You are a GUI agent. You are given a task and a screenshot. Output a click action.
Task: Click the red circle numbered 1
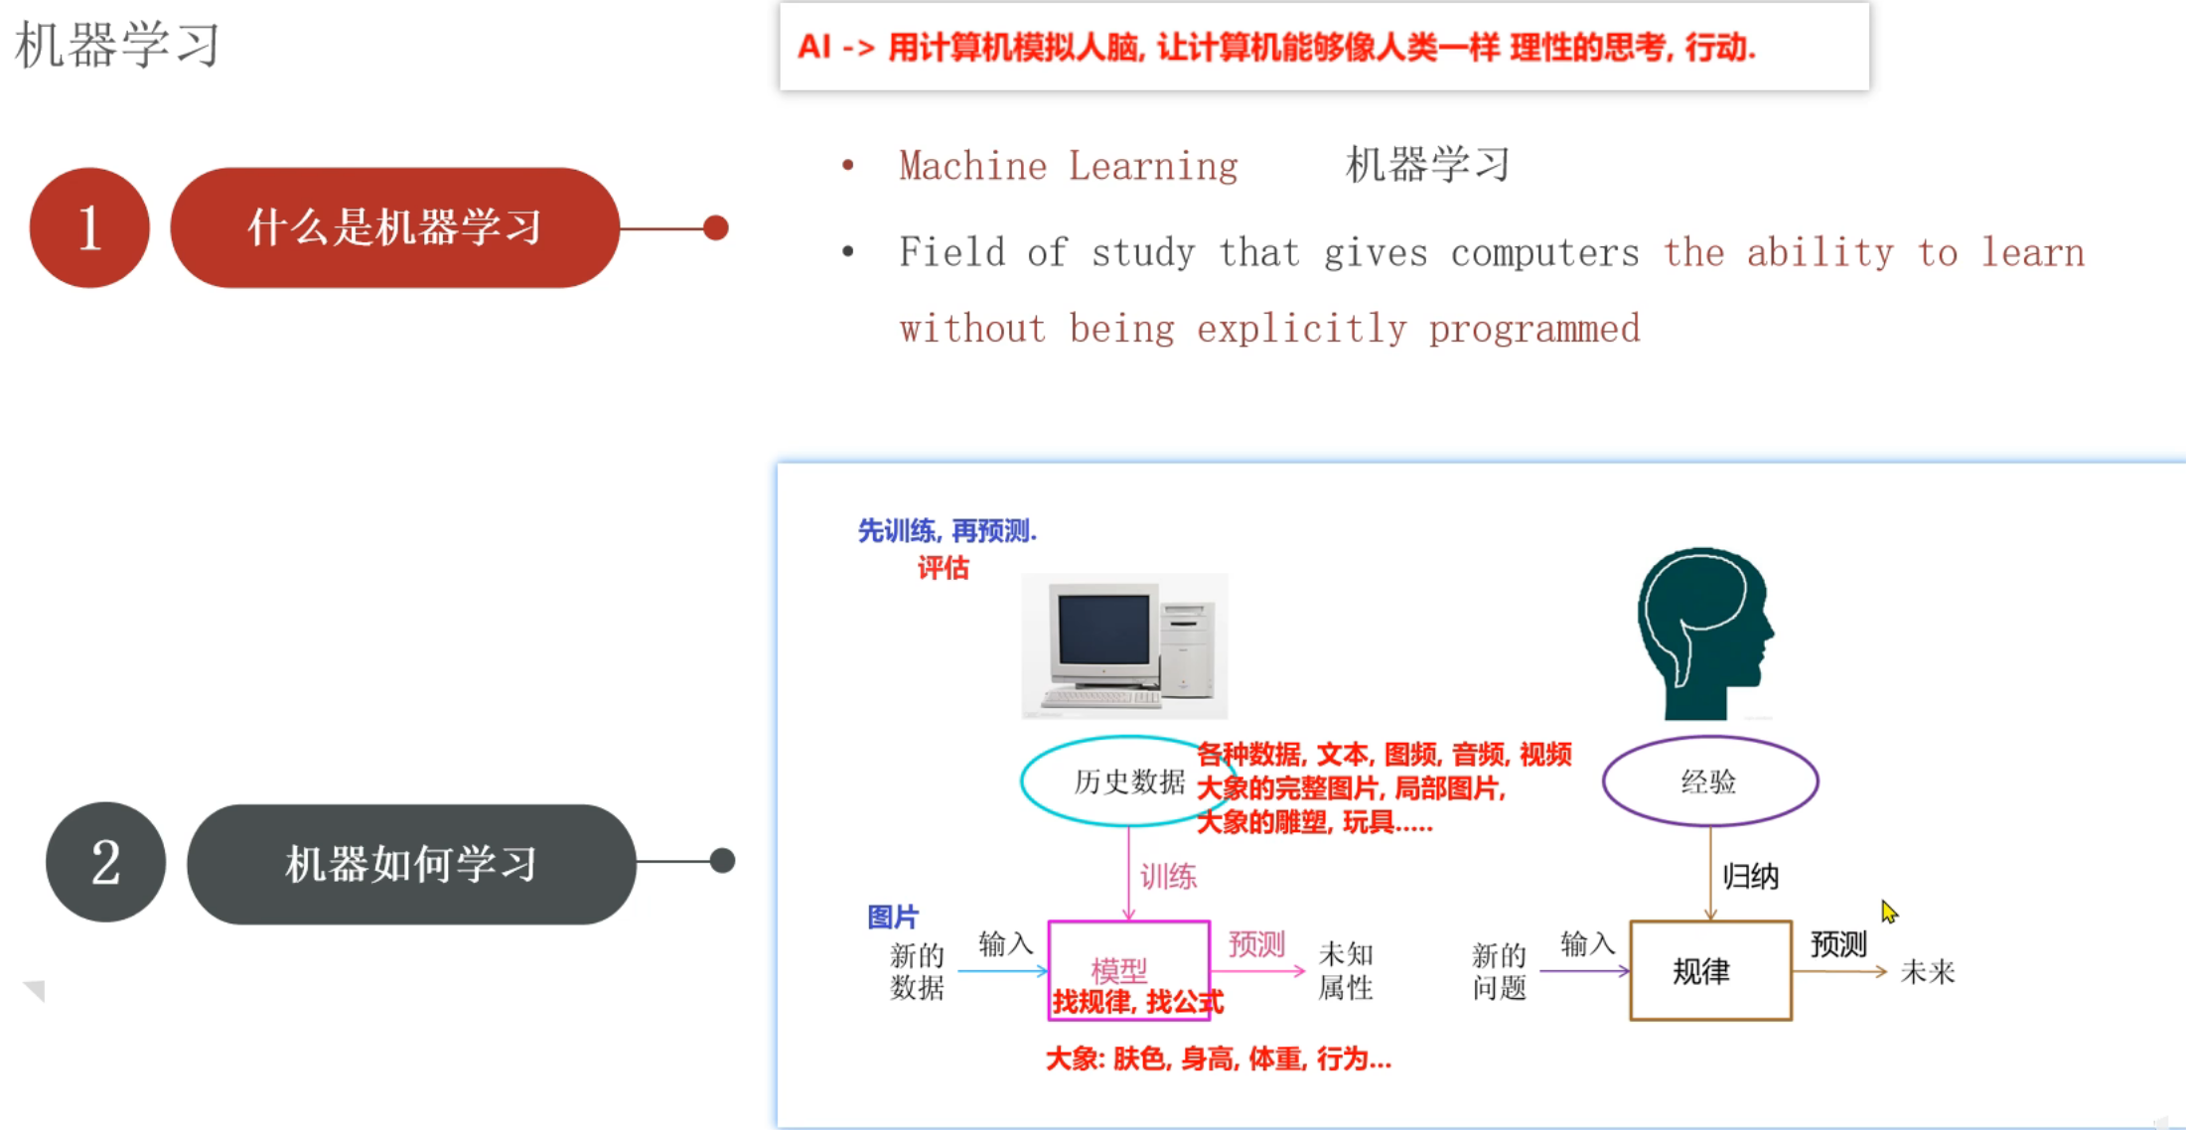89,227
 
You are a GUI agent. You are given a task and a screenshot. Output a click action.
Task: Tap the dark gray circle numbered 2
105,862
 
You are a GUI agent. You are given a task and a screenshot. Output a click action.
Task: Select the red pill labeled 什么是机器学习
394,227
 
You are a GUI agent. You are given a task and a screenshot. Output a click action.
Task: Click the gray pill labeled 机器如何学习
410,864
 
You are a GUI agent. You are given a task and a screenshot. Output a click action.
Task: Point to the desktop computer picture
1124,645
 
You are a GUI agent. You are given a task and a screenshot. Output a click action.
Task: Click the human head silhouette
1704,632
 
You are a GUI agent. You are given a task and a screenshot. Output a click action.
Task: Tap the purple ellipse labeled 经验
1709,781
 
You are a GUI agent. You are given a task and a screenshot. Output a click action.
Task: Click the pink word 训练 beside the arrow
1168,876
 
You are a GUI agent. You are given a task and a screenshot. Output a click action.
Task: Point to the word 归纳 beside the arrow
1750,876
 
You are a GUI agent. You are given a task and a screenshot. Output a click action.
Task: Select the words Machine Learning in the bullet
1068,166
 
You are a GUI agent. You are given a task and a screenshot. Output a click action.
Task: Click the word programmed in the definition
1533,329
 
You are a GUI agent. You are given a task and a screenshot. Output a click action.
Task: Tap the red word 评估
943,568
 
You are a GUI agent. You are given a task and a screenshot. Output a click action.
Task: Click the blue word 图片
892,917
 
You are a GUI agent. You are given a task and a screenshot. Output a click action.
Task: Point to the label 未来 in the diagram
1927,972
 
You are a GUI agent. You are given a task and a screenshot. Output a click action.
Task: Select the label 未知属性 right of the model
1345,971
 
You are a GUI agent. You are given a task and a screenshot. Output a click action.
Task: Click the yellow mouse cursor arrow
1888,912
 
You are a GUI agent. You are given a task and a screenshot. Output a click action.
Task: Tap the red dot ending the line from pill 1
715,227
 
